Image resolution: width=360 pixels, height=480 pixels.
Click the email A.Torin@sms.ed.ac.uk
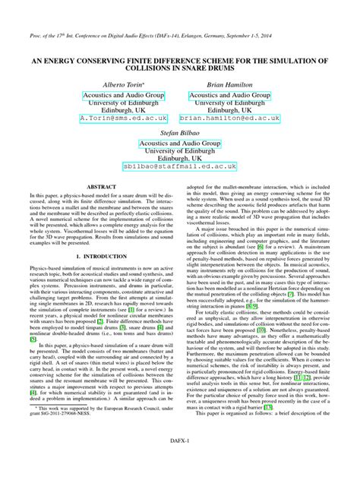(x=112, y=119)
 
